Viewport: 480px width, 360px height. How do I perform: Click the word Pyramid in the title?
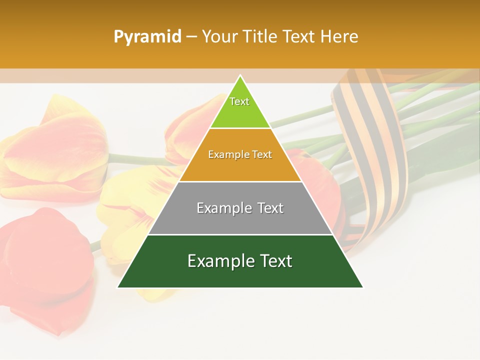coord(147,36)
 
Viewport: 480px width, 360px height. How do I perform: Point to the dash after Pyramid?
coord(191,37)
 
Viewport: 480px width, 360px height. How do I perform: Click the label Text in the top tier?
coord(239,101)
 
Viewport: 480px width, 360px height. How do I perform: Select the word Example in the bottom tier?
coord(218,261)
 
